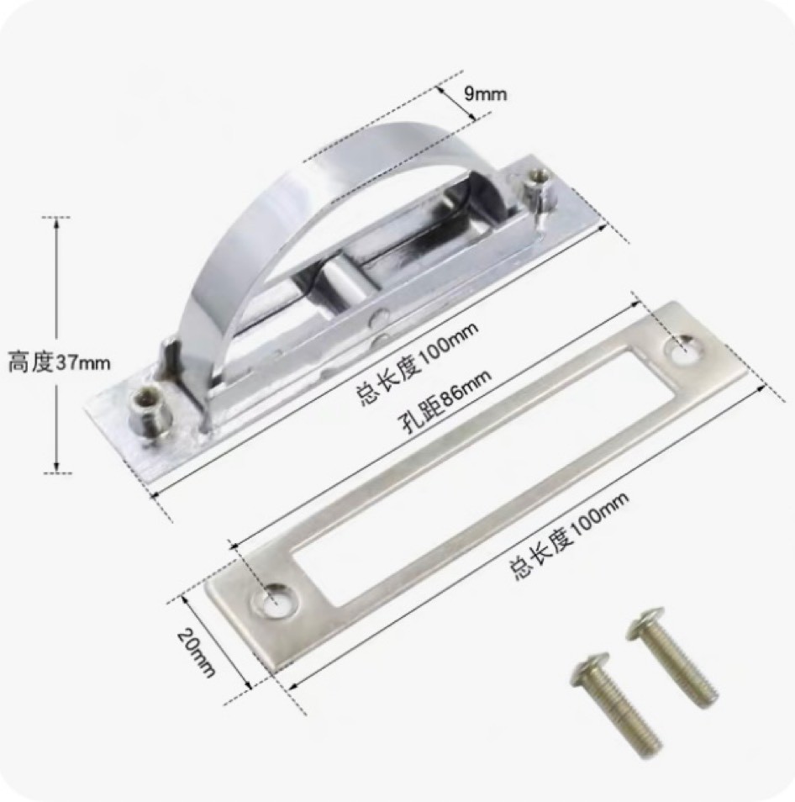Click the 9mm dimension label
point(485,93)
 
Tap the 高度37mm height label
point(59,362)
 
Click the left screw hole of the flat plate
point(276,599)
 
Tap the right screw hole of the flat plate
point(684,350)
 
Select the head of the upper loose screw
point(645,622)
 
